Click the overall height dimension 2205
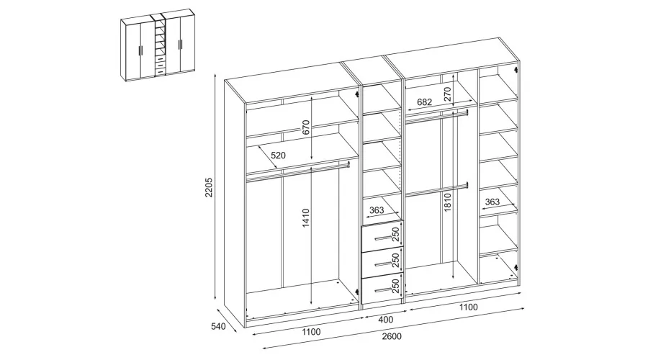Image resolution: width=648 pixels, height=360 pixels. click(x=209, y=187)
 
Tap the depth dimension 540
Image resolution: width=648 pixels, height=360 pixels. click(x=218, y=327)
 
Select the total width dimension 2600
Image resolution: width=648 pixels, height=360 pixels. click(x=392, y=336)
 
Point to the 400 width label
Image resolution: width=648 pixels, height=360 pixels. click(x=386, y=320)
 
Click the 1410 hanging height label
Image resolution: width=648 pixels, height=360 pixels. click(x=306, y=218)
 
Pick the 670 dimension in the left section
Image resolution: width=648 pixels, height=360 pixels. click(x=306, y=127)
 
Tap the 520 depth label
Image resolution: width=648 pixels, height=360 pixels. click(x=278, y=156)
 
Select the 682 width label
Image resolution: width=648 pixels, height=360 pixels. click(x=424, y=102)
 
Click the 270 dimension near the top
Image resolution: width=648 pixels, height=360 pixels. click(x=448, y=94)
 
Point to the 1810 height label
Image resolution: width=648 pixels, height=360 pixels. click(x=448, y=202)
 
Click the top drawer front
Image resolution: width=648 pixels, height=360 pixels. click(x=382, y=236)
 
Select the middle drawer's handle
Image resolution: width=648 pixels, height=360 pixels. click(x=382, y=264)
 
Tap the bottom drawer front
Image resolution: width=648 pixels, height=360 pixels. click(x=382, y=289)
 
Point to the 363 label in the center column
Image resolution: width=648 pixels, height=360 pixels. click(x=377, y=210)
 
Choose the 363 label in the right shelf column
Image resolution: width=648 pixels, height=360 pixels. click(x=492, y=202)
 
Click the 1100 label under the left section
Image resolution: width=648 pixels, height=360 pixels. click(x=311, y=331)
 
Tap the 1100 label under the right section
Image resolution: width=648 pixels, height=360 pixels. click(x=468, y=307)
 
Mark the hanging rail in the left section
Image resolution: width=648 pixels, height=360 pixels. click(x=297, y=171)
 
